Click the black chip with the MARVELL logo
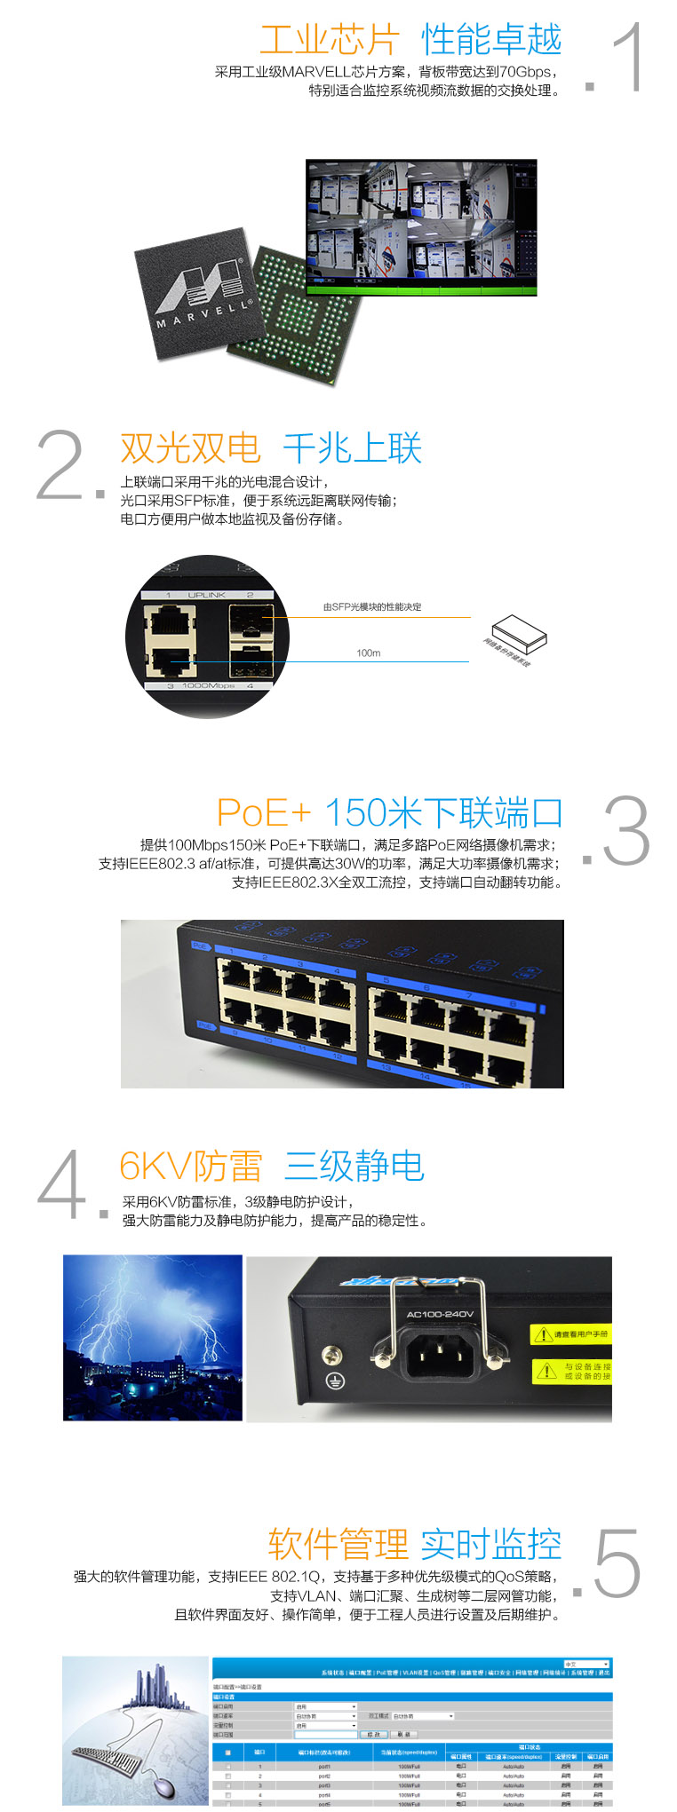pos(197,292)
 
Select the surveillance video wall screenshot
pos(421,227)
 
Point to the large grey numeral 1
pos(625,58)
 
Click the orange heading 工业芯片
pos(329,40)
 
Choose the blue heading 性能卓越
pos(491,40)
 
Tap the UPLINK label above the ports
pos(207,595)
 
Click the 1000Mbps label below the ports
pos(208,685)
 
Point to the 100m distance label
pos(368,653)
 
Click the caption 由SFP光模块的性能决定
pos(372,607)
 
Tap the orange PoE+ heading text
pos(264,812)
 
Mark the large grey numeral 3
pos(626,832)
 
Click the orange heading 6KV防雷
pos(191,1166)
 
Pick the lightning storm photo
pos(153,1337)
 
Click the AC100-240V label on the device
pos(440,1314)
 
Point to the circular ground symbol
pos(335,1381)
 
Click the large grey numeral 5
pos(617,1564)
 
